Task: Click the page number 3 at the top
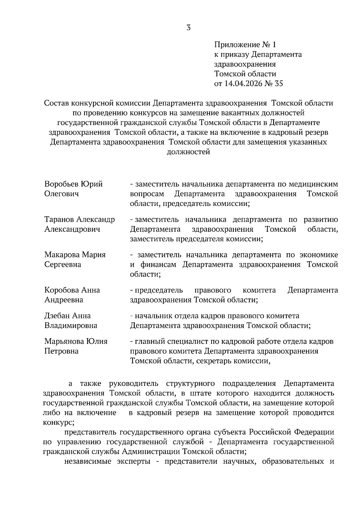pos(188,28)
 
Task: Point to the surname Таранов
pos(59,219)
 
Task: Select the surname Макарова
pos(61,255)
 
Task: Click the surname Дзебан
pos(56,316)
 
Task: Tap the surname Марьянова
pos(64,341)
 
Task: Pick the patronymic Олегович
pos(61,194)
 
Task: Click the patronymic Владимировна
pos(71,326)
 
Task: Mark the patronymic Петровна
pos(61,351)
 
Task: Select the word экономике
pos(319,255)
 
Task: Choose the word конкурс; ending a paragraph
pos(58,423)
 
